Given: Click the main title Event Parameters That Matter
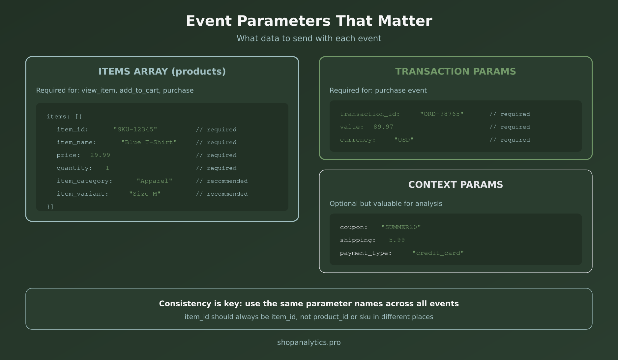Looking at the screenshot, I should tap(309, 21).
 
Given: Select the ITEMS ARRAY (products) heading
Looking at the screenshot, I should tap(162, 71).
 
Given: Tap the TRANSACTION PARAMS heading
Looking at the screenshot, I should tap(455, 71).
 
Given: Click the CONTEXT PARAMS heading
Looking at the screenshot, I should tap(455, 185).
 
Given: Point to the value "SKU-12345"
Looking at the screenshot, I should tap(135, 129).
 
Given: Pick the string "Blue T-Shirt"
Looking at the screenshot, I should tap(149, 142).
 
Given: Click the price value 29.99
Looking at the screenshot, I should tap(100, 155).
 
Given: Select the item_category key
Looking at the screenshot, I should tap(84, 181).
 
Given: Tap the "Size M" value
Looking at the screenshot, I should tap(144, 194).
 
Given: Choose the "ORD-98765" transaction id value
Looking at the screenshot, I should tap(441, 114).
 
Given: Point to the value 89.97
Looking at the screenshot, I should tap(383, 127).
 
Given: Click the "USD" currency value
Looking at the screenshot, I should tap(404, 140).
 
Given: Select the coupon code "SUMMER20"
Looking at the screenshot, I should tap(401, 227).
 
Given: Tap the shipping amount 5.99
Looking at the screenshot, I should tap(397, 240).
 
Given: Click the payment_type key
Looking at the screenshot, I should tap(366, 253).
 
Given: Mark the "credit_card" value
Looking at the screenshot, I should tap(438, 253).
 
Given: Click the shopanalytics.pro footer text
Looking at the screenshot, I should tap(309, 343).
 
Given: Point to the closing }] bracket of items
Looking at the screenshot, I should tap(50, 207).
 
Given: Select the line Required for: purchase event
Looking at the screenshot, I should tap(378, 91).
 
